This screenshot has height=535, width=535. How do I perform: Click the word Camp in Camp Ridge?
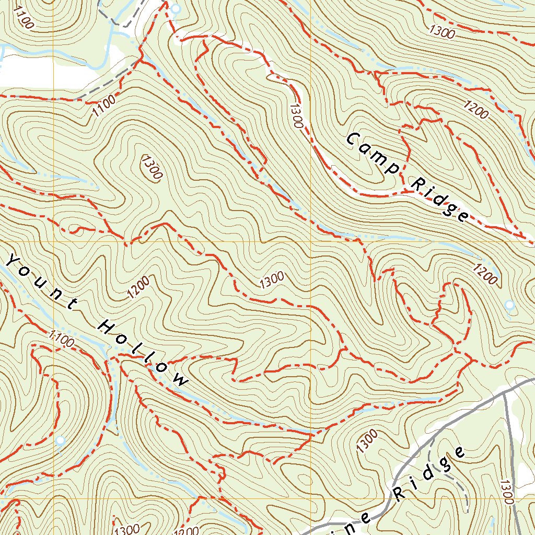(373, 154)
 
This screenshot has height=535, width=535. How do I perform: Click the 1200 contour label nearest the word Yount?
(138, 287)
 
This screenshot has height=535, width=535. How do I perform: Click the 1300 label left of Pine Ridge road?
(367, 441)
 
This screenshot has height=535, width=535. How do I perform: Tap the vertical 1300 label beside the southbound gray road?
(505, 491)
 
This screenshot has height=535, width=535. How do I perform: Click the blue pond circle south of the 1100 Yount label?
(61, 440)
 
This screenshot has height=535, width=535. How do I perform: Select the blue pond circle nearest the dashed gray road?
(176, 9)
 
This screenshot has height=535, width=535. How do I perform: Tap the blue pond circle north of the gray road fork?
(509, 304)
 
